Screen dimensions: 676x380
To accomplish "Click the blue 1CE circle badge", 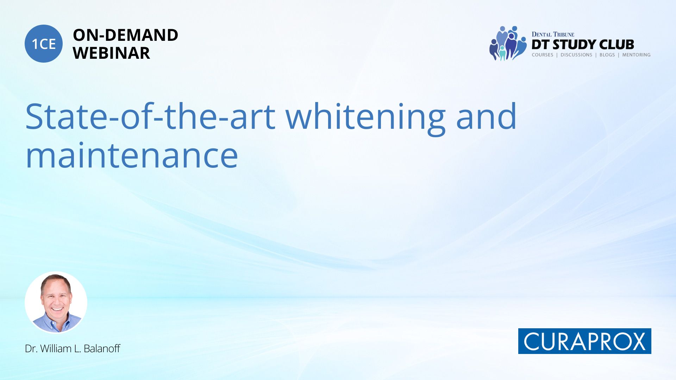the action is pos(44,44).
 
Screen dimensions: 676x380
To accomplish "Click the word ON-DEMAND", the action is pos(125,35).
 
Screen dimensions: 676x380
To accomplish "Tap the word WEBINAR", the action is pos(111,53).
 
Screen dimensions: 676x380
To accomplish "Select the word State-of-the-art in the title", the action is pos(150,116).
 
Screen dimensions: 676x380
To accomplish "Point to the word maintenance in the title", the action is pos(132,155).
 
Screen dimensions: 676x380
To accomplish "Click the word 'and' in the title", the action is pos(486,116).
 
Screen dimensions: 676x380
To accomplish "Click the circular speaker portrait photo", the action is pos(56,303).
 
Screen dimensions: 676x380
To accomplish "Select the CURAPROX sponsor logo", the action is pos(584,341).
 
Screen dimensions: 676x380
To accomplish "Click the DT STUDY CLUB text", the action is pos(583,44).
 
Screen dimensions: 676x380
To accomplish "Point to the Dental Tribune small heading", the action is pos(553,34).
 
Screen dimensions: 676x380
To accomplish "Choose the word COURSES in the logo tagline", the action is pos(543,55).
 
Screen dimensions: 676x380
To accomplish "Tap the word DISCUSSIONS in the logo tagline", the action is pos(576,55).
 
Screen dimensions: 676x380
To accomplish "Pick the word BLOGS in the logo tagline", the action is pos(607,55).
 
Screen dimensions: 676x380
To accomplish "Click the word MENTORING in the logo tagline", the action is pos(636,55).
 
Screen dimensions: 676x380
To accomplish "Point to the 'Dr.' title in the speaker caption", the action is pos(31,348).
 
